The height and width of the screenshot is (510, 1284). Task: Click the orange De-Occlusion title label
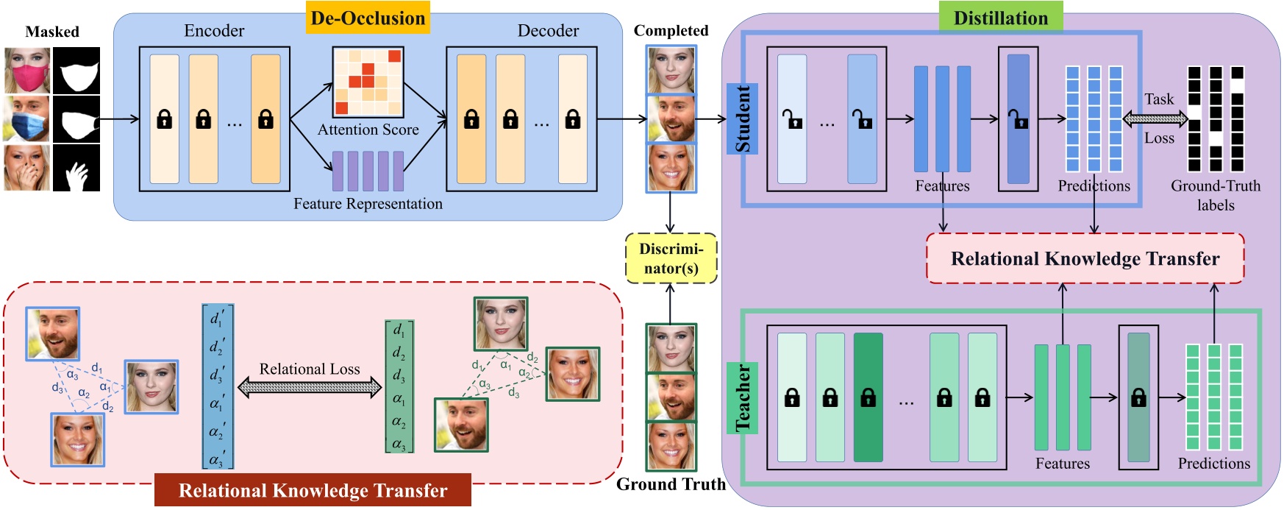(x=368, y=18)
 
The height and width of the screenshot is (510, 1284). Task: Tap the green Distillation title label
(x=1000, y=18)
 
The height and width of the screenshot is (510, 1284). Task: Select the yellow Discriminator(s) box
(x=671, y=258)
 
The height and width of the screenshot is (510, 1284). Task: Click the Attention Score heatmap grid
(x=368, y=82)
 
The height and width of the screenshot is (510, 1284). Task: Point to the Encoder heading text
(x=214, y=30)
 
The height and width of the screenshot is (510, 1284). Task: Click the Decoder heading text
(x=548, y=30)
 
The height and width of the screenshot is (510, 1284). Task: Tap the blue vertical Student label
(x=743, y=118)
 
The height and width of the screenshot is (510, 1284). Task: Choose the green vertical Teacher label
(x=743, y=397)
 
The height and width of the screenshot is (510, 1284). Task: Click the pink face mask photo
(x=27, y=71)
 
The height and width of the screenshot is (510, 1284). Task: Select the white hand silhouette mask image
(x=76, y=169)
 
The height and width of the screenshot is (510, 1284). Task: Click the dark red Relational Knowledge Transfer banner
(x=313, y=491)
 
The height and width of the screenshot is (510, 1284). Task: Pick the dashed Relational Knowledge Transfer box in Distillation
(x=1085, y=258)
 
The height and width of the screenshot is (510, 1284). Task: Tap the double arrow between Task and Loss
(x=1156, y=118)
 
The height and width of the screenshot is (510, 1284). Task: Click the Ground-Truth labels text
(x=1215, y=195)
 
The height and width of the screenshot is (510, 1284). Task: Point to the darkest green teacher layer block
(x=868, y=397)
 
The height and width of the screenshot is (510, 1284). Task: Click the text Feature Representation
(x=368, y=204)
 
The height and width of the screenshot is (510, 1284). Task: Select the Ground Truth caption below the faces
(x=671, y=484)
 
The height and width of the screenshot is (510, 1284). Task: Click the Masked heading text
(x=52, y=32)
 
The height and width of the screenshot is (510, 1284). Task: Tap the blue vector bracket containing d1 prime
(x=218, y=386)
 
